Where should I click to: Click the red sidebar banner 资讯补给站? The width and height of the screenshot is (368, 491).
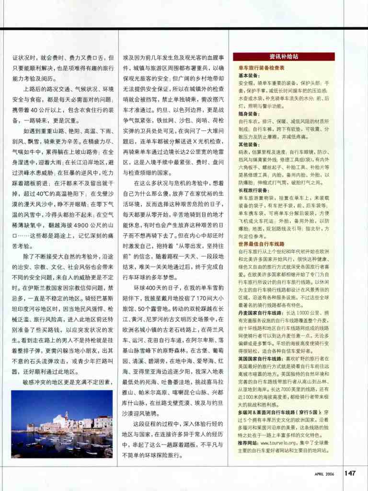tap(284, 57)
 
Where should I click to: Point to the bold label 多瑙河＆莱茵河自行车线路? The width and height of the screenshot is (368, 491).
tap(268, 411)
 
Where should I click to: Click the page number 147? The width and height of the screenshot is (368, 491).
tap(350, 473)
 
